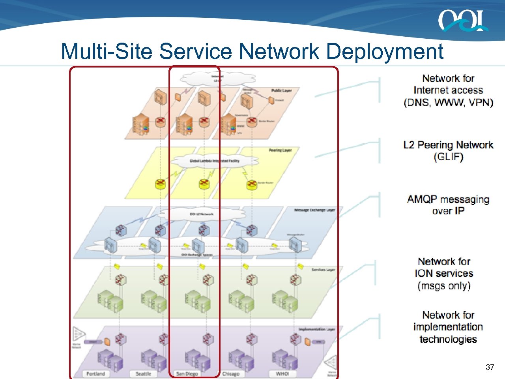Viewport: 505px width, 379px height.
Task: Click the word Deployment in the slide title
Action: coord(385,51)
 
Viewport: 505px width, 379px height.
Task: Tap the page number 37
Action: coord(490,367)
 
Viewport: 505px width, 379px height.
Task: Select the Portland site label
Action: coord(96,373)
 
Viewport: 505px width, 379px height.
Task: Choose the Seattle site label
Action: coord(143,373)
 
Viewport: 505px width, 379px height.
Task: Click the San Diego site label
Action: coord(187,373)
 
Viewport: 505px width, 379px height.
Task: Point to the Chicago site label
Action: coord(231,373)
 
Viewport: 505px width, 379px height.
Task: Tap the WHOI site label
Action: coord(282,373)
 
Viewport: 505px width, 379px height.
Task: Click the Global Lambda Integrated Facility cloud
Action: coord(214,161)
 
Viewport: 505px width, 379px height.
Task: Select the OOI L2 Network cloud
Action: coord(201,214)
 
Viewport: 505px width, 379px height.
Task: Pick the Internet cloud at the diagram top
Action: coord(217,79)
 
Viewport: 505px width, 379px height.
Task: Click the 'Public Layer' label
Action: coord(281,91)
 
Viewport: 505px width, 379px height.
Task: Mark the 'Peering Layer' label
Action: coord(280,150)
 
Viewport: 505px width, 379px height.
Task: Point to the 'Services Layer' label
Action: coord(323,270)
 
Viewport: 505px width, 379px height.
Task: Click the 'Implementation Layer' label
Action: coord(316,329)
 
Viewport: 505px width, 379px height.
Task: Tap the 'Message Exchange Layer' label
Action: coord(314,210)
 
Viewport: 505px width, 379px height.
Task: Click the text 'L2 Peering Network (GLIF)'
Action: coord(448,151)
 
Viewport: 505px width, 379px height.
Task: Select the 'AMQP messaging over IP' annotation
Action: coord(448,205)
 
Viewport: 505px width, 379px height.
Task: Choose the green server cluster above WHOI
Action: coord(284,301)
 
